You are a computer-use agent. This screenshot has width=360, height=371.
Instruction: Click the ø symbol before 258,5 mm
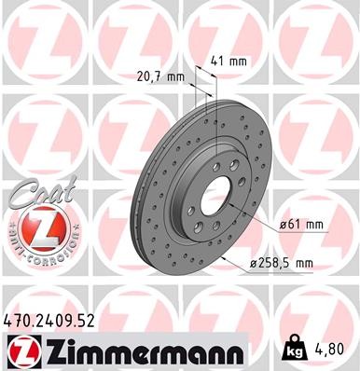(x=254, y=264)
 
